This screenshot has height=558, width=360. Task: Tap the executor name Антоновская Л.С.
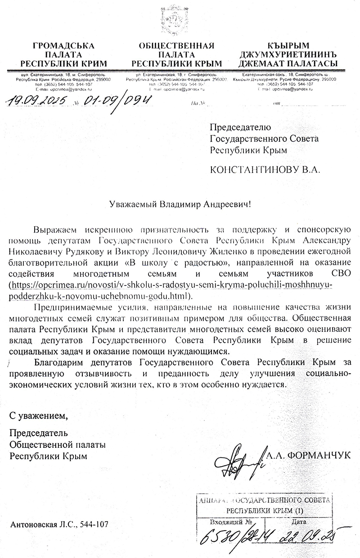[42, 524]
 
